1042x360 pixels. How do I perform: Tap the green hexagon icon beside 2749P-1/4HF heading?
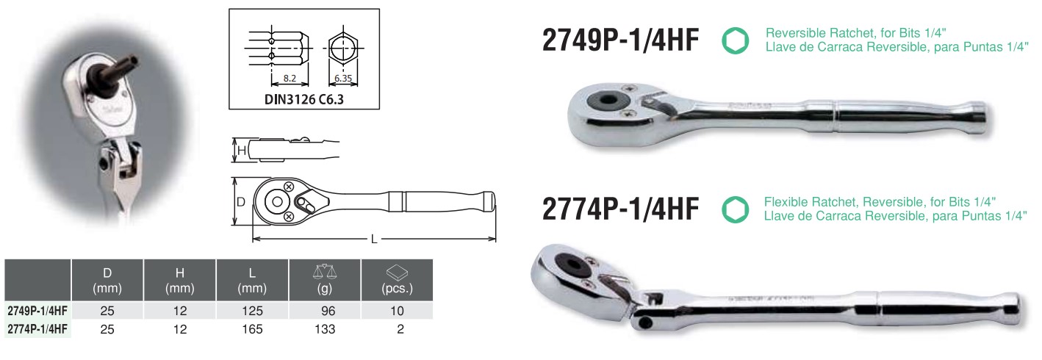pyautogui.click(x=736, y=40)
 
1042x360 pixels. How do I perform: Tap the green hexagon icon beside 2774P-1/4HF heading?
pyautogui.click(x=736, y=209)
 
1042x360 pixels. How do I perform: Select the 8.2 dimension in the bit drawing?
pyautogui.click(x=290, y=78)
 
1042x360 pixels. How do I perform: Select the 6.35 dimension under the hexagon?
pyautogui.click(x=343, y=78)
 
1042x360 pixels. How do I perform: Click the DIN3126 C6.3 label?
pyautogui.click(x=303, y=99)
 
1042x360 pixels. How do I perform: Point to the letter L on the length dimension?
pyautogui.click(x=374, y=240)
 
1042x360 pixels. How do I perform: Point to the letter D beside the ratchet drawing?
pyautogui.click(x=241, y=202)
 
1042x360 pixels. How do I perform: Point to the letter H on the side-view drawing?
pyautogui.click(x=242, y=150)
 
